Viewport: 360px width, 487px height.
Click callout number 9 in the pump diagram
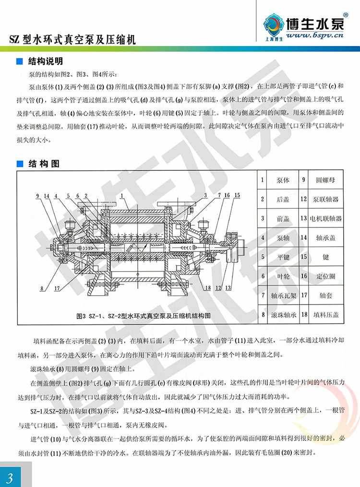click(37, 196)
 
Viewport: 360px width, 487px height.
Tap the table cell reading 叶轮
click(283, 276)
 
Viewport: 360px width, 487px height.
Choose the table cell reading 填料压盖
click(326, 315)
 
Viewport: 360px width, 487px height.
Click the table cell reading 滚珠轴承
click(283, 315)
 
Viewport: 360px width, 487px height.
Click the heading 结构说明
click(45, 62)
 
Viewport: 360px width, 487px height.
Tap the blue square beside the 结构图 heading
click(20, 163)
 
